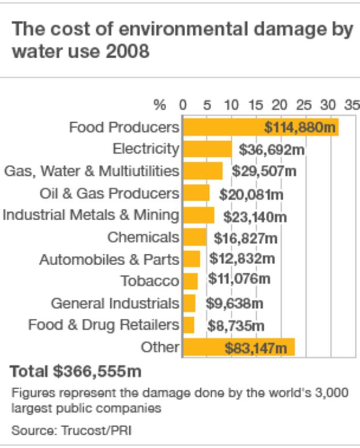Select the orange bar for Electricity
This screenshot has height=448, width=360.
207,149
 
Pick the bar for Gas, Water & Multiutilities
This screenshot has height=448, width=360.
202,171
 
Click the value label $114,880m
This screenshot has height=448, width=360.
299,127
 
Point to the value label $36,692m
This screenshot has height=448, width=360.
271,150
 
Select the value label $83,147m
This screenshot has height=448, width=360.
255,348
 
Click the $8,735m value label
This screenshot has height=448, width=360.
235,326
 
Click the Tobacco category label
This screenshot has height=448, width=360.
150,281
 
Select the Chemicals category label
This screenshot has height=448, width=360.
143,237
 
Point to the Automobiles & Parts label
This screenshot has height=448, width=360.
109,259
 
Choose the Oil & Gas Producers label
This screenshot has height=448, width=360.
109,193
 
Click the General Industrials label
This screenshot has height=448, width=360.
115,303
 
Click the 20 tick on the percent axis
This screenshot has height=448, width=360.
279,105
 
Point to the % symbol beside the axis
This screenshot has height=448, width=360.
160,105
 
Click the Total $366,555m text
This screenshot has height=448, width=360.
76,371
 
